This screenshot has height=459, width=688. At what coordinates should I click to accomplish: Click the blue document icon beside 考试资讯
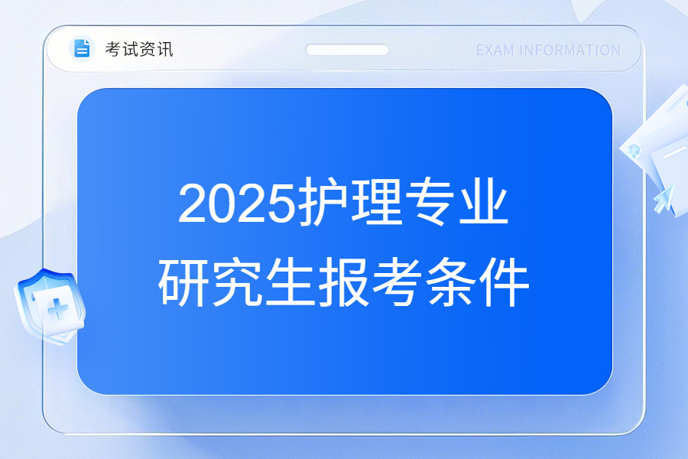[x=82, y=48]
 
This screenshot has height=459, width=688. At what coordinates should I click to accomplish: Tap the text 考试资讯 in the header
[x=139, y=49]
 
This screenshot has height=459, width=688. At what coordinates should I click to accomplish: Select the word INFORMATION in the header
[x=570, y=50]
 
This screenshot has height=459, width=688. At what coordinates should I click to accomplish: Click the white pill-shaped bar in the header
[x=347, y=50]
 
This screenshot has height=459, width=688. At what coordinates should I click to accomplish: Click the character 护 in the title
[x=323, y=202]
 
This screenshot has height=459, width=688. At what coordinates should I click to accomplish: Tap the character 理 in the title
[x=376, y=202]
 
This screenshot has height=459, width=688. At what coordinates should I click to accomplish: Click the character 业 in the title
[x=484, y=202]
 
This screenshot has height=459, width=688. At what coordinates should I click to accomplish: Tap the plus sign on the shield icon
[x=58, y=309]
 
